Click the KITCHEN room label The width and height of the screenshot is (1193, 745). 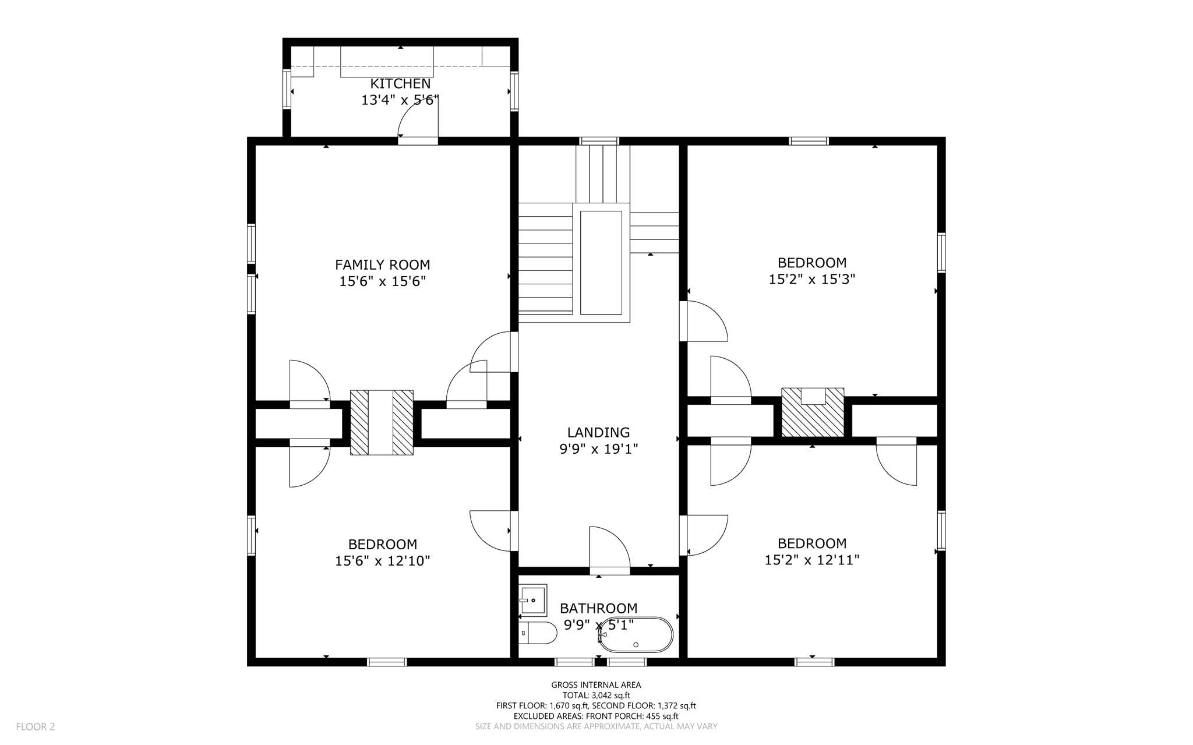[x=400, y=84]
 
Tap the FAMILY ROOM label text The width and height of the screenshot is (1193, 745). [x=382, y=265]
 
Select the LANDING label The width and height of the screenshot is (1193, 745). [x=598, y=433]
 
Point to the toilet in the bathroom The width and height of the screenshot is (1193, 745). [x=537, y=633]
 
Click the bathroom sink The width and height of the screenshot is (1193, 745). [x=533, y=600]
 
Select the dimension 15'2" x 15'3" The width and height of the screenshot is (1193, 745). [x=811, y=280]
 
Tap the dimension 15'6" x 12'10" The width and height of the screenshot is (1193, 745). [x=382, y=562]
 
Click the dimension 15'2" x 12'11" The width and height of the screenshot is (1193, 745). [x=811, y=560]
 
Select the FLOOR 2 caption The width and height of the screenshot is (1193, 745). [x=36, y=727]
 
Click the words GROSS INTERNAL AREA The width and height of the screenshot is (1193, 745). [x=596, y=685]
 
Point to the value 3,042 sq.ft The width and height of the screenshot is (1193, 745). [x=610, y=695]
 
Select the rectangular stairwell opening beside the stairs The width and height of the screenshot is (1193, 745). [x=601, y=263]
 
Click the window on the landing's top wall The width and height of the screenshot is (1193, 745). [x=599, y=141]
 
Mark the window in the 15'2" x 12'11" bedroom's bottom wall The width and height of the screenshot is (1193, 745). [x=814, y=662]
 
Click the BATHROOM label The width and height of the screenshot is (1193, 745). [x=598, y=609]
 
